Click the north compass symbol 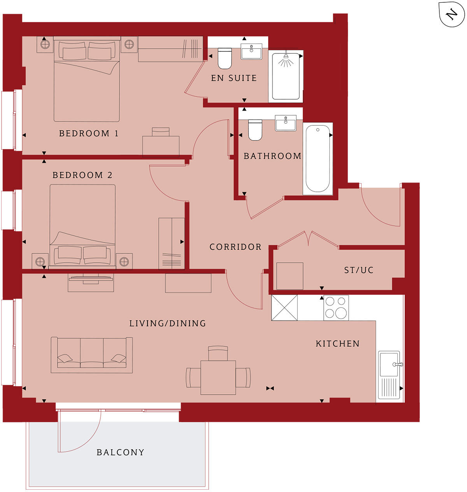(451, 15)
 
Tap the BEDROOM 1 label (88, 134)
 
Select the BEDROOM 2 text (82, 175)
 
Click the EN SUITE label (234, 78)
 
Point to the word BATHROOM (272, 156)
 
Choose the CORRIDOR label (235, 247)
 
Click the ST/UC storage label (358, 270)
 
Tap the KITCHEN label (337, 343)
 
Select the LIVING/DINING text (167, 323)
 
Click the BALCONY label (120, 452)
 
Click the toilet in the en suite (225, 58)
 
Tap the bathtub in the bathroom (318, 159)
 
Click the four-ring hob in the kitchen (336, 307)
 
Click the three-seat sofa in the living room (92, 355)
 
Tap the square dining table (218, 377)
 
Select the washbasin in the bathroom (286, 123)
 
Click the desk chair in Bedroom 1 (161, 132)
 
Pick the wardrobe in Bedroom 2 (172, 243)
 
